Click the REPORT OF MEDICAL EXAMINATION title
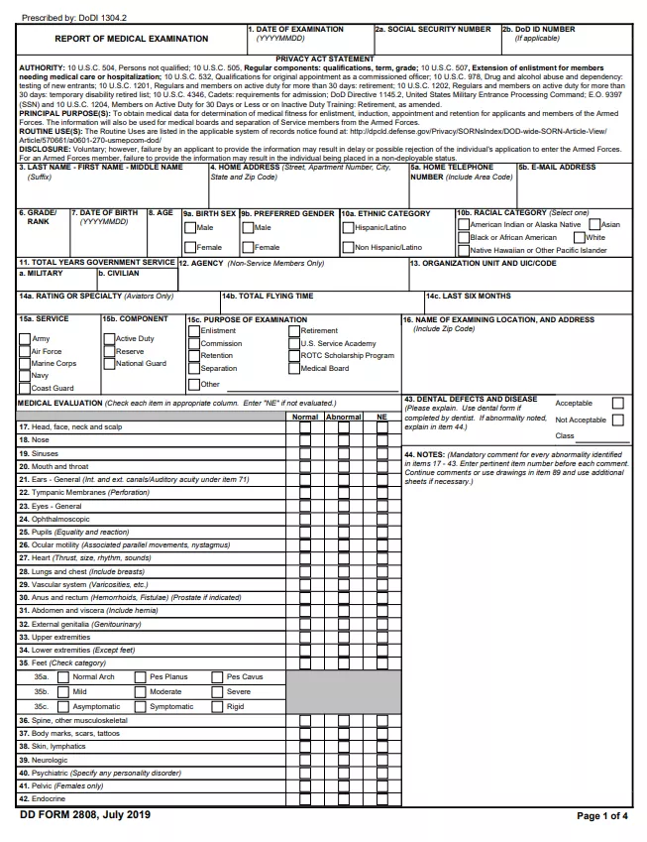[131, 39]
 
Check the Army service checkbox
[24, 338]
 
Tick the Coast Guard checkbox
[24, 388]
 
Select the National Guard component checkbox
[108, 363]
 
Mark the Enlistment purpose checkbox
[193, 331]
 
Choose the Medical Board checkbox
[293, 368]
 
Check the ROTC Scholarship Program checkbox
[293, 356]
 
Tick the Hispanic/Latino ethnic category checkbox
[347, 227]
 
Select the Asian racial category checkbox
[593, 225]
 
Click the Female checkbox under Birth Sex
[189, 247]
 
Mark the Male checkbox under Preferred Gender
[247, 227]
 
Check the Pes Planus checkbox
[140, 677]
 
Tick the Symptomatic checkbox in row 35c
[140, 707]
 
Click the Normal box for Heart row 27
[305, 558]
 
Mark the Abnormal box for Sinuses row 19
[344, 452]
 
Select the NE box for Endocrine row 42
[382, 798]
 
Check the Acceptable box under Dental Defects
[617, 403]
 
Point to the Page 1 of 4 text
[601, 815]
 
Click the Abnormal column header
[344, 417]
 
